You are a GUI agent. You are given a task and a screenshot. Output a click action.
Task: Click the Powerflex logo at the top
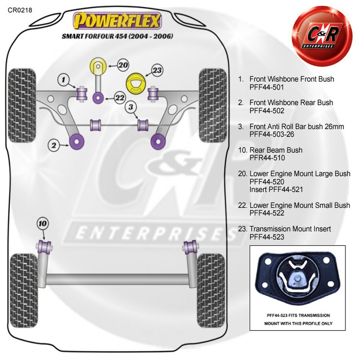pos(117,21)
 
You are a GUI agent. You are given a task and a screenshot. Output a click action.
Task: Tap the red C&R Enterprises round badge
pos(321,36)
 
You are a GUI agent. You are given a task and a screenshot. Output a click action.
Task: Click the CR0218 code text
pos(20,10)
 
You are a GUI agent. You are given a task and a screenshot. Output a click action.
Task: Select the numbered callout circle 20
pos(123,65)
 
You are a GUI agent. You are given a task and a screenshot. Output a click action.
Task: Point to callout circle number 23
pos(157,70)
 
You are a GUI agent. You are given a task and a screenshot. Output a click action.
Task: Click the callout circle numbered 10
pos(43,224)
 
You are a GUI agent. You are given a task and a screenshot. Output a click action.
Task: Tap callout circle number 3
pos(131,107)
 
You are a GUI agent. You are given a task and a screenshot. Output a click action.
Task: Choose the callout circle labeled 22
pos(120,98)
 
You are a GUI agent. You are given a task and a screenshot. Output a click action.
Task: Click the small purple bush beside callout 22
pos(98,98)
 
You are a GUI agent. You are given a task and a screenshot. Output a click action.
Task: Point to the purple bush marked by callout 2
pos(77,141)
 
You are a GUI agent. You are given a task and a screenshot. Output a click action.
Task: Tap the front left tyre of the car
pos(22,105)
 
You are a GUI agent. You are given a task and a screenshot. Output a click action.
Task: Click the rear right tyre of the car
pos(211,290)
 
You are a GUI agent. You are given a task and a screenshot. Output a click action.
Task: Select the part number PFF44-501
pos(266,87)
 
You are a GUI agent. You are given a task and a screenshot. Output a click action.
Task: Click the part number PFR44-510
pos(267,158)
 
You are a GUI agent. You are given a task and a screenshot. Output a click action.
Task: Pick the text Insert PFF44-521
pos(276,190)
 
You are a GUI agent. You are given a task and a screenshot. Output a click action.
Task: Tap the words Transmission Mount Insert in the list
pos(290,229)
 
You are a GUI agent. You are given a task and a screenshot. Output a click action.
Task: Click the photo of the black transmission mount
pos(297,279)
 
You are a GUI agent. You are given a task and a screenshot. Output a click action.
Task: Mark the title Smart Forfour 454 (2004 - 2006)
pos(117,36)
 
